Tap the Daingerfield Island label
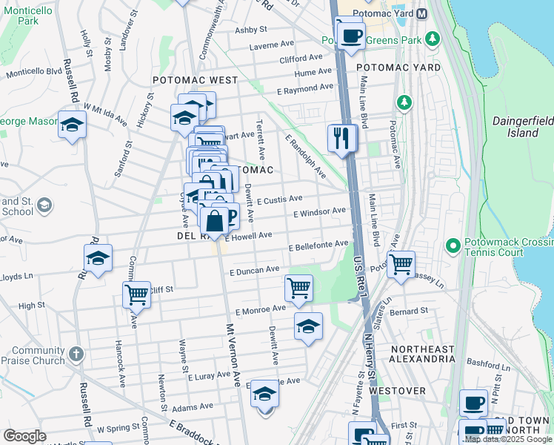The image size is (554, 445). (523, 127)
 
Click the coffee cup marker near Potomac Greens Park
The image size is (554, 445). (350, 34)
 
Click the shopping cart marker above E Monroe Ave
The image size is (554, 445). (298, 287)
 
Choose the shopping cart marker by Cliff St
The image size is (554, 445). (136, 294)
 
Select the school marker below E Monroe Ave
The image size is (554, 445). (308, 326)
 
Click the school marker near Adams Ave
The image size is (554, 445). (264, 394)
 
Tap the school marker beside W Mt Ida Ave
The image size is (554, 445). (72, 125)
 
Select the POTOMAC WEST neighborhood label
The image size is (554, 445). (195, 80)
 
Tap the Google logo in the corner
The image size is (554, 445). (24, 435)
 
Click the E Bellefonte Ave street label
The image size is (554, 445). (318, 245)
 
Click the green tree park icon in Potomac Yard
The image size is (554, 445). (404, 101)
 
